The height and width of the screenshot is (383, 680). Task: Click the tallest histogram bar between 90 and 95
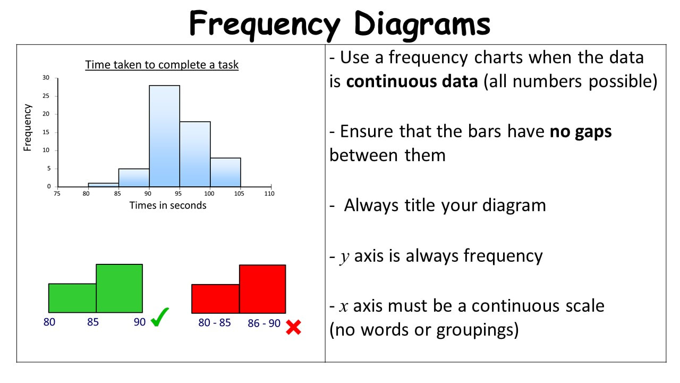point(164,136)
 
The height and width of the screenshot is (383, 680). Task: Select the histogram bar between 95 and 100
point(195,154)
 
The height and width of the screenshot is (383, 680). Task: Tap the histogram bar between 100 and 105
point(226,172)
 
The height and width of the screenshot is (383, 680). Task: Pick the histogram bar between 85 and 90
point(133,178)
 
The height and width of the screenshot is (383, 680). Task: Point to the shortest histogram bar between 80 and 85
point(103,185)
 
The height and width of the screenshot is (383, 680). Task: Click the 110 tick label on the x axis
point(269,194)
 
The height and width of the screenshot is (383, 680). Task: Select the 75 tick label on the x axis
point(57,194)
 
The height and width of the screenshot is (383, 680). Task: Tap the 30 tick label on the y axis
point(46,78)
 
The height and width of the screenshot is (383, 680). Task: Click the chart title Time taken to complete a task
point(162,65)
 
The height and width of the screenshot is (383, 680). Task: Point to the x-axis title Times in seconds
point(168,205)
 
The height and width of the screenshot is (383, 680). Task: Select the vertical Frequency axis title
point(27,128)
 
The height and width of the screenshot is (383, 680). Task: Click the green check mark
point(160,317)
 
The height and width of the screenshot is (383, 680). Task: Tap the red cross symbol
point(294,327)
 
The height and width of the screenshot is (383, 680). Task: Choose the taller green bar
point(120,288)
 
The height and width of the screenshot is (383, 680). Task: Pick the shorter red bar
point(215,299)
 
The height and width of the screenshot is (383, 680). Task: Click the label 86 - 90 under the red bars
point(264,323)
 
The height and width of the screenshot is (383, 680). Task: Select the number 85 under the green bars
point(93,322)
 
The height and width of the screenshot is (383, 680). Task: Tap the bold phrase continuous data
point(412,81)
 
